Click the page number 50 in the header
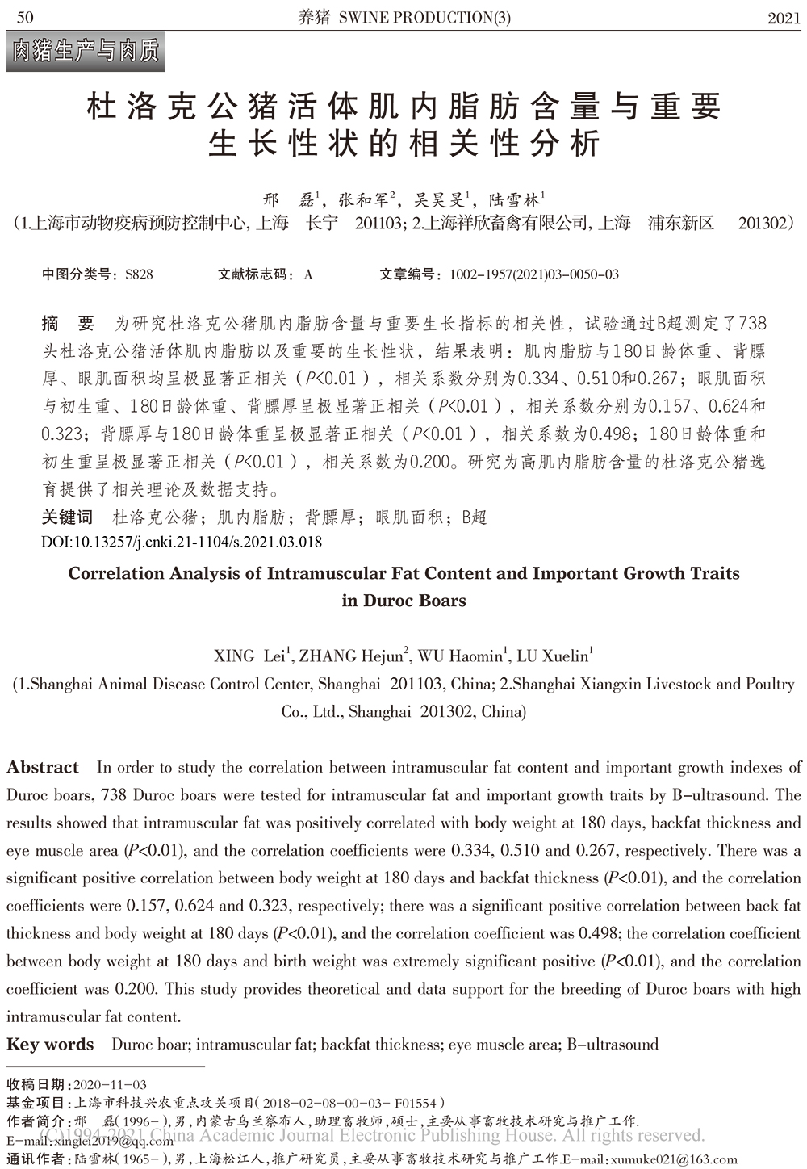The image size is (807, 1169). [24, 17]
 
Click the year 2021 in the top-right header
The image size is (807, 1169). [784, 18]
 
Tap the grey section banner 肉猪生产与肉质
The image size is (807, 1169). [85, 52]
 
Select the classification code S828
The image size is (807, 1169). [139, 274]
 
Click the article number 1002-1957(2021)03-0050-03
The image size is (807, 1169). [534, 274]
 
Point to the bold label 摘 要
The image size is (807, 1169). [68, 324]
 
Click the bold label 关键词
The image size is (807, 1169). [67, 517]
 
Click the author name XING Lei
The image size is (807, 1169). [251, 656]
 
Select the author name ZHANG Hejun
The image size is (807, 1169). [351, 656]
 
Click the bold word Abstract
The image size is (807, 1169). [43, 767]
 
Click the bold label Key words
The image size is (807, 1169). [50, 1044]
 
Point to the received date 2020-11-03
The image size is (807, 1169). [110, 1084]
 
